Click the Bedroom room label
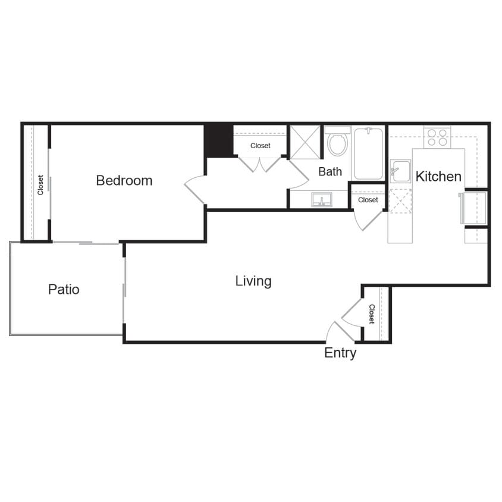(x=124, y=180)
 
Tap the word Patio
(x=64, y=290)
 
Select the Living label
(x=253, y=281)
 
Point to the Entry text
(x=340, y=353)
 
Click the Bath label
(x=330, y=172)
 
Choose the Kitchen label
(x=438, y=177)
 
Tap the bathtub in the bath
(x=368, y=153)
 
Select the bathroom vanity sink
(x=322, y=200)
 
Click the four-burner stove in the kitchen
(x=437, y=137)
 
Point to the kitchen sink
(x=400, y=171)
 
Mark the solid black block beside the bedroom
(x=218, y=140)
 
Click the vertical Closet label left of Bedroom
(x=40, y=184)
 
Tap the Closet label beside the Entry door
(x=372, y=314)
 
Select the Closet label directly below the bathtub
(x=368, y=200)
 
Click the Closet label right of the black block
(x=260, y=146)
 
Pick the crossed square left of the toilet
(x=305, y=142)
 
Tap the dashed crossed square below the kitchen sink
(x=400, y=200)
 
